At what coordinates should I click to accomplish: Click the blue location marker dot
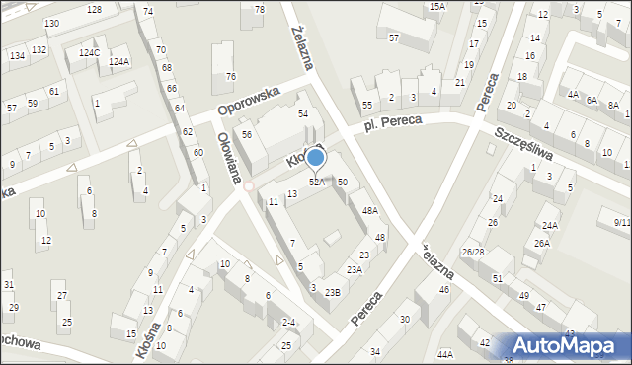click(315, 156)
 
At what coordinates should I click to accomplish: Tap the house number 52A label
click(317, 182)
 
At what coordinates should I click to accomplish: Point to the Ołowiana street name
click(231, 158)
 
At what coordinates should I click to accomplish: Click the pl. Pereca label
click(392, 121)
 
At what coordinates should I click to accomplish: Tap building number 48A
click(369, 210)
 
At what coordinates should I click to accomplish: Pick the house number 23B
click(333, 291)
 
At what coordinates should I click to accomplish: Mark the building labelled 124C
click(89, 52)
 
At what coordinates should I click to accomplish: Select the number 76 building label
click(230, 76)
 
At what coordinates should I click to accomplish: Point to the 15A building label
click(436, 6)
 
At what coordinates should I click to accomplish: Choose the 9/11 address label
click(621, 222)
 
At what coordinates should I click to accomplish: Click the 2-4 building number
click(288, 322)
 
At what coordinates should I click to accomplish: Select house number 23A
click(355, 269)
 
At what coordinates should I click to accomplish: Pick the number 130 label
click(51, 23)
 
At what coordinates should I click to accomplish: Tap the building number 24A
click(549, 225)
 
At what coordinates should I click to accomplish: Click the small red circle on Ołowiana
click(250, 185)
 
